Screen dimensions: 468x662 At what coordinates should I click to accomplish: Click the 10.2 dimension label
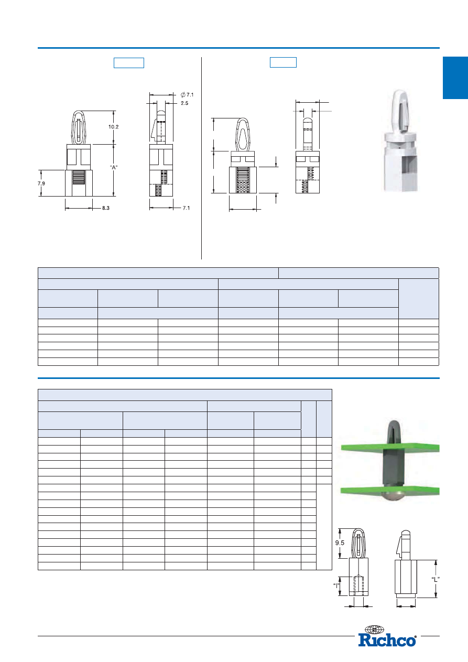[113, 127]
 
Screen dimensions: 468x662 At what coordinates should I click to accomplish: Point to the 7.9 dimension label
[41, 183]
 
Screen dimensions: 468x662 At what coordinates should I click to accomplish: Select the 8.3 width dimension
[106, 208]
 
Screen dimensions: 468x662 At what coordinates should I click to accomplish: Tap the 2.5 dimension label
[184, 103]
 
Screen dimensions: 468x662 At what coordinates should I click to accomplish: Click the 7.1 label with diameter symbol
[187, 94]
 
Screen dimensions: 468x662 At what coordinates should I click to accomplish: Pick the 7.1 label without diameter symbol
[186, 208]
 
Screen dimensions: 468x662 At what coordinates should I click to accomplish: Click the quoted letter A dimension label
[114, 167]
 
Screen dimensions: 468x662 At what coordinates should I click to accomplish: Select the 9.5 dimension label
[340, 542]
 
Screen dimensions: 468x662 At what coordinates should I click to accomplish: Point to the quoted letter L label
[436, 579]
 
